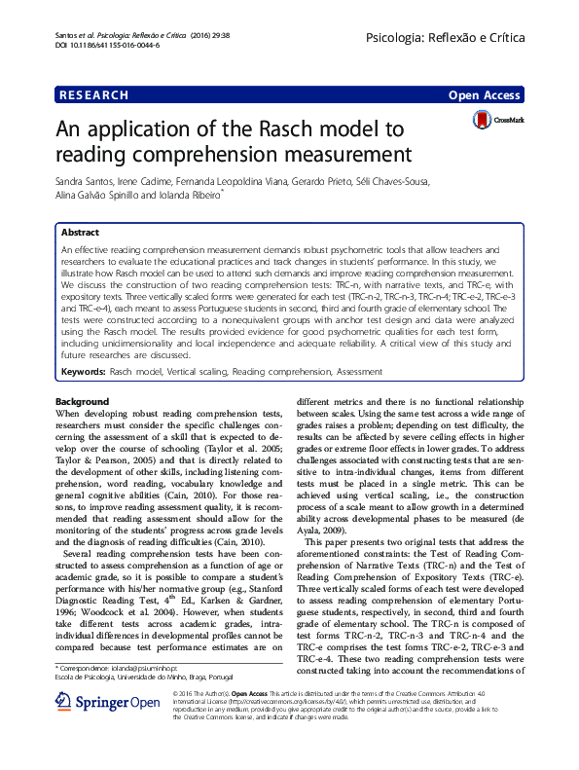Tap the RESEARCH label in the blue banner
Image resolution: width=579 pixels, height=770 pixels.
point(93,95)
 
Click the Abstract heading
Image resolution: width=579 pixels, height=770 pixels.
point(80,234)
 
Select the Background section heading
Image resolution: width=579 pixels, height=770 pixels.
point(83,401)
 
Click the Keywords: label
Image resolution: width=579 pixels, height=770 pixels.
point(83,373)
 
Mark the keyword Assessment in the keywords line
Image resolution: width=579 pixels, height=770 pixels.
point(360,373)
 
